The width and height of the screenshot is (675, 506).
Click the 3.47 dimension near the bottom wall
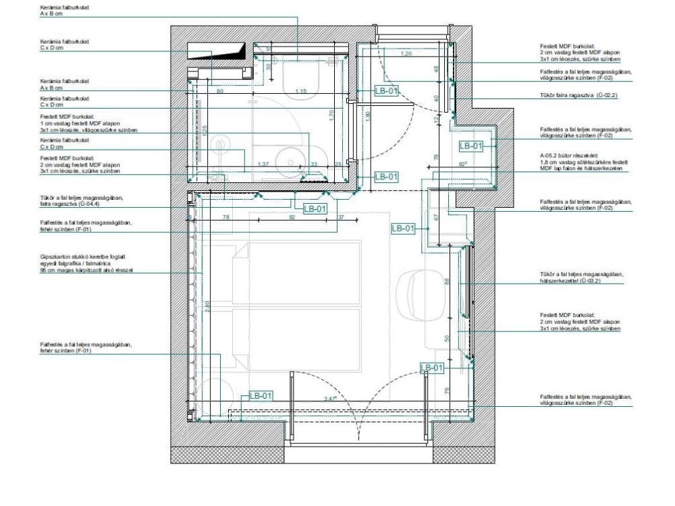[330, 399]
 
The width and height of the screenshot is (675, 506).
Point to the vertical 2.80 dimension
[209, 305]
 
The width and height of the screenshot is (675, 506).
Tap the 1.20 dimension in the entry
[406, 53]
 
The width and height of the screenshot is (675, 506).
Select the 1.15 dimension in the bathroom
[301, 90]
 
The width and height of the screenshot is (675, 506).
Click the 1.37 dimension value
[264, 164]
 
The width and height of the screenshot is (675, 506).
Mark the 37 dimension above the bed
[341, 217]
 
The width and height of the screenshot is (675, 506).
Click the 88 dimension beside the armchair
[446, 281]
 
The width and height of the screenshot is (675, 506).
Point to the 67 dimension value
[436, 217]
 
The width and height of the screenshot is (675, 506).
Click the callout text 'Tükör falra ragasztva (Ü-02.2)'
[578, 96]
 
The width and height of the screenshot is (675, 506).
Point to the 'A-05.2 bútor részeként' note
[567, 155]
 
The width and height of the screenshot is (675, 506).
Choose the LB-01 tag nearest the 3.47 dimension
[261, 396]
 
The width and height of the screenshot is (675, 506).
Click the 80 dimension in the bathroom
[220, 90]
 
